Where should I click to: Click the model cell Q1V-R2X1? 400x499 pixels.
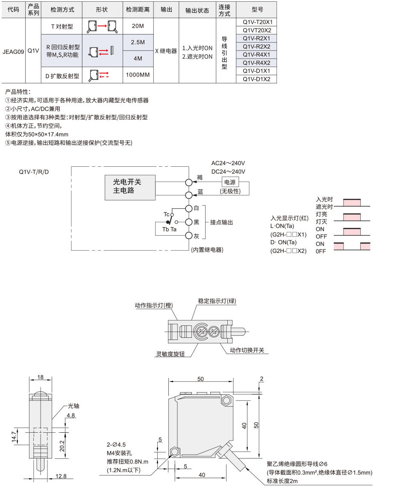256,38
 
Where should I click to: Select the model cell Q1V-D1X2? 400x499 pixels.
256,79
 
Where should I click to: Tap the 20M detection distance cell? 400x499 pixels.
138,26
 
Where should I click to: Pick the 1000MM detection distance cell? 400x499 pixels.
138,75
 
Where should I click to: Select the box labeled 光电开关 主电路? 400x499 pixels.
130,187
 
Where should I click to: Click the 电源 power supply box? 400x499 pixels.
230,182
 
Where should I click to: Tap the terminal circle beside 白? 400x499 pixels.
189,208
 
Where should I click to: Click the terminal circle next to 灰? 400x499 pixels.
189,236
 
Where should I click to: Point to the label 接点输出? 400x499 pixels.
221,222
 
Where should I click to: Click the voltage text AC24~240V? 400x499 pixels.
228,163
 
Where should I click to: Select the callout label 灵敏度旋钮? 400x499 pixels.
170,354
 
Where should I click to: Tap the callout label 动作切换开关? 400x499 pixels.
247,350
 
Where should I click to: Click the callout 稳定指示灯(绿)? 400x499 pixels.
217,301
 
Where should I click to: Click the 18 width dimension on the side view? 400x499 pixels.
40,377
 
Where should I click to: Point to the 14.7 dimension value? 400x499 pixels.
14,436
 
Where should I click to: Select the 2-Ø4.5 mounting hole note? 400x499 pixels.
116,445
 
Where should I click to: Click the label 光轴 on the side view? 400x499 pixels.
74,406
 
